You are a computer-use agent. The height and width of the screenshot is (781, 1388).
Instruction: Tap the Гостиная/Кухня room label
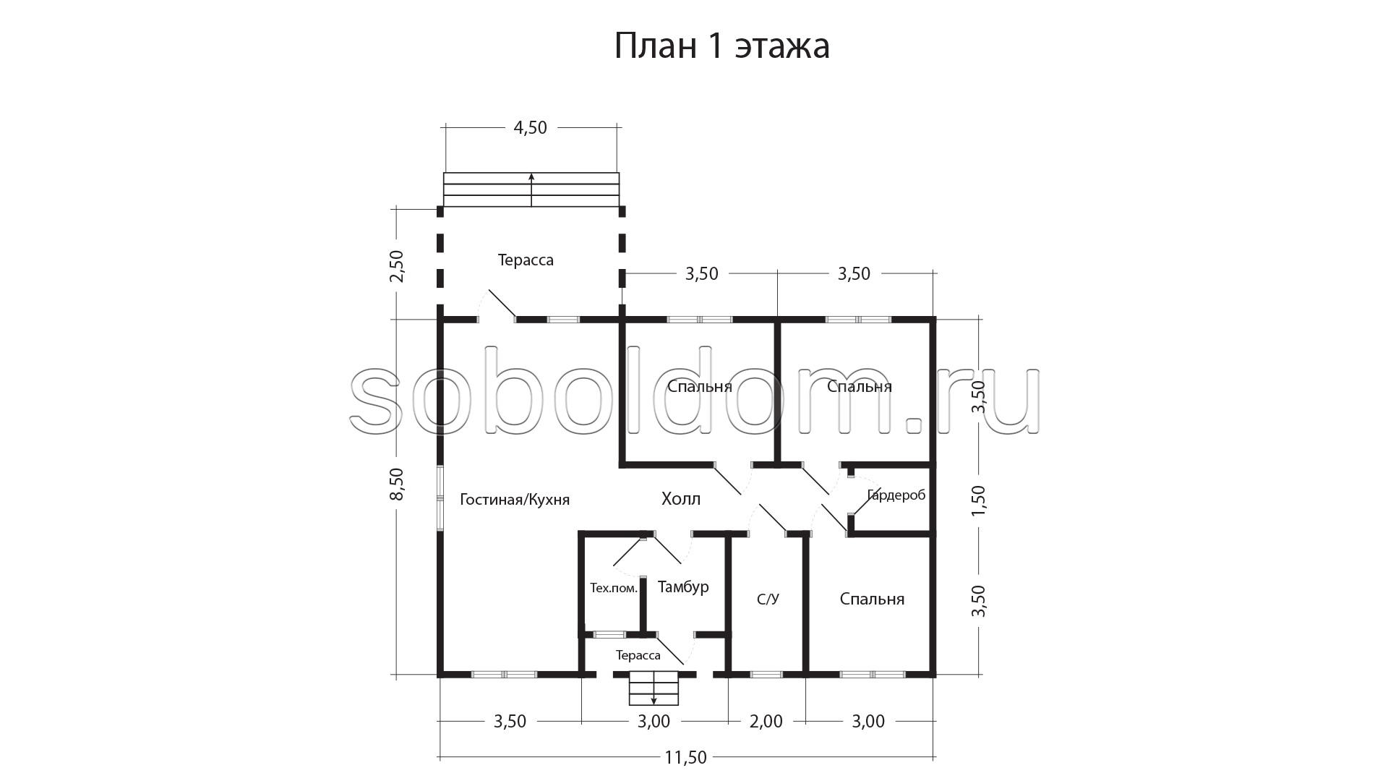[515, 500]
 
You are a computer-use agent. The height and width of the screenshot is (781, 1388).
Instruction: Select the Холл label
[681, 498]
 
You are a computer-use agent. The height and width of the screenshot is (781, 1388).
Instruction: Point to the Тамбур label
[683, 587]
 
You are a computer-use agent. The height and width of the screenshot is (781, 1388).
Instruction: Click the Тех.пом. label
[614, 588]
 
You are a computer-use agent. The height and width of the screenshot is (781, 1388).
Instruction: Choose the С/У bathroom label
[768, 599]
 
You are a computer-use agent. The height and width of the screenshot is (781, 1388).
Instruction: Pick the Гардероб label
[896, 496]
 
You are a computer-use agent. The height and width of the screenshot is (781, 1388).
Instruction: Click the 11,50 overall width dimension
[685, 758]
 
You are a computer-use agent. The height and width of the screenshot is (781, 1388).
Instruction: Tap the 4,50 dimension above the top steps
[530, 128]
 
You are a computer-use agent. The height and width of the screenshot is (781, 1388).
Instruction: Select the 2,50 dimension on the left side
[398, 266]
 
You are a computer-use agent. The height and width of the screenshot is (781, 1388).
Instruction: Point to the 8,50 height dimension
[398, 485]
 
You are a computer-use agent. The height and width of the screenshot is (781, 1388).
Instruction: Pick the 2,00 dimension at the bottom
[766, 722]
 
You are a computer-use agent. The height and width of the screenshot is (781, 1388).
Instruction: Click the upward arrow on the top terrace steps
[531, 189]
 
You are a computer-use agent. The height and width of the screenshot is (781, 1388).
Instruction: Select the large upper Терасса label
[526, 260]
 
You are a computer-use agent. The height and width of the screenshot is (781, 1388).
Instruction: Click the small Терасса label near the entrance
[638, 656]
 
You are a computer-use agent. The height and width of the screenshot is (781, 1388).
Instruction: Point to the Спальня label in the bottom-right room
[872, 599]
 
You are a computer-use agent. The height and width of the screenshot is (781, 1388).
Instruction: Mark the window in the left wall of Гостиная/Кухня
[440, 498]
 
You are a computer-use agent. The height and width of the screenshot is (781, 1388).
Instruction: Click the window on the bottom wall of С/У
[766, 675]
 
